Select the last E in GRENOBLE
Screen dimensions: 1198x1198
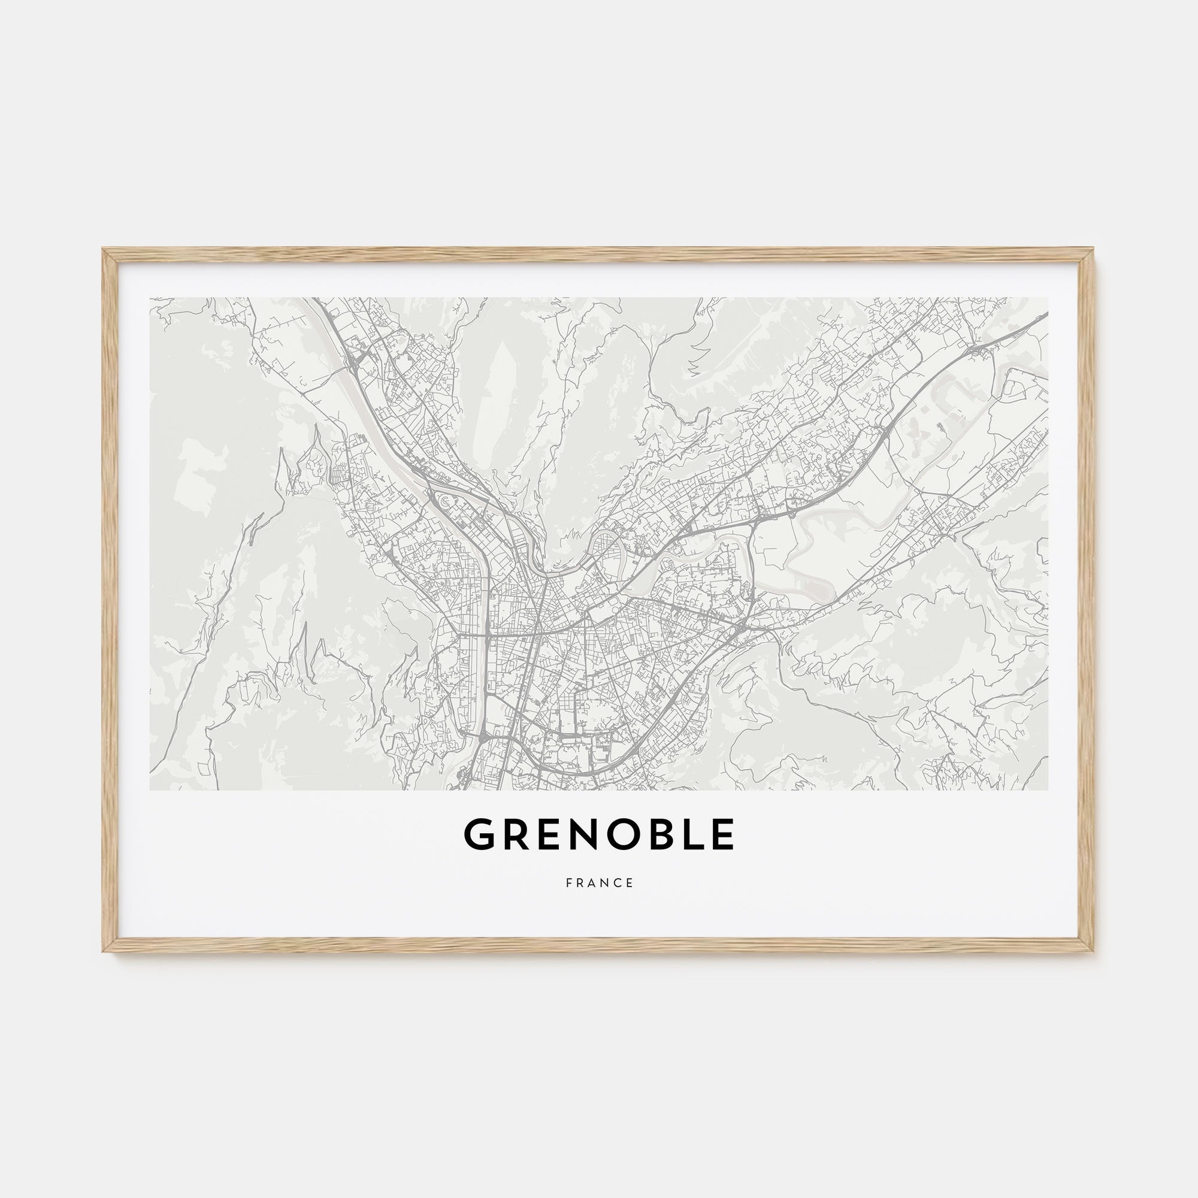pos(722,834)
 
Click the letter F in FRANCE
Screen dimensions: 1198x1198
pos(568,883)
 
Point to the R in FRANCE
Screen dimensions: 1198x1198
pos(581,883)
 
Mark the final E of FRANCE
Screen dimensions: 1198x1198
pos(631,883)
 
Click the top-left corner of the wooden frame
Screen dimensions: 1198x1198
pos(104,250)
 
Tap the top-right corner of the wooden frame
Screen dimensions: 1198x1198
pos(1094,250)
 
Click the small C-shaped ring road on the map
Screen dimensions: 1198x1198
pos(444,500)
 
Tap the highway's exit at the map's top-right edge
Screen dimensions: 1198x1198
pos(1046,315)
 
